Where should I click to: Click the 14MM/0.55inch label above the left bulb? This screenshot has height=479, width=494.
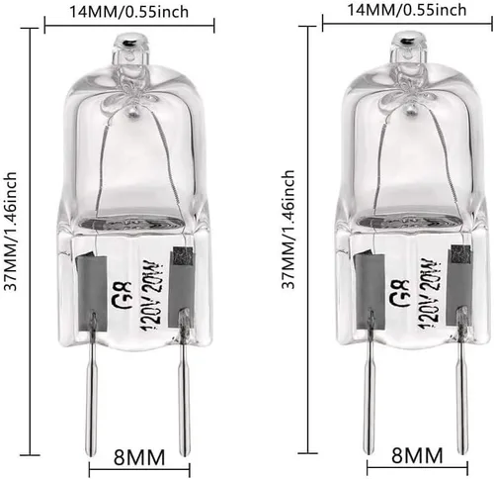click(128, 12)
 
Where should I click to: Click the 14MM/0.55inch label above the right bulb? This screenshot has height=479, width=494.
click(407, 10)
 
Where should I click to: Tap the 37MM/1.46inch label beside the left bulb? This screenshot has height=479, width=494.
click(10, 232)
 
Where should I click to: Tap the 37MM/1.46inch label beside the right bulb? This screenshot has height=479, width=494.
click(288, 230)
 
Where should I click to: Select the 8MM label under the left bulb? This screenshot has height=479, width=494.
click(139, 457)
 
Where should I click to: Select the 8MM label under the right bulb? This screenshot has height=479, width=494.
click(417, 455)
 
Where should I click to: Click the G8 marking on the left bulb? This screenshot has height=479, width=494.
click(123, 295)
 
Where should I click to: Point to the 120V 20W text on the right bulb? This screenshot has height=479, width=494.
click(430, 294)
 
